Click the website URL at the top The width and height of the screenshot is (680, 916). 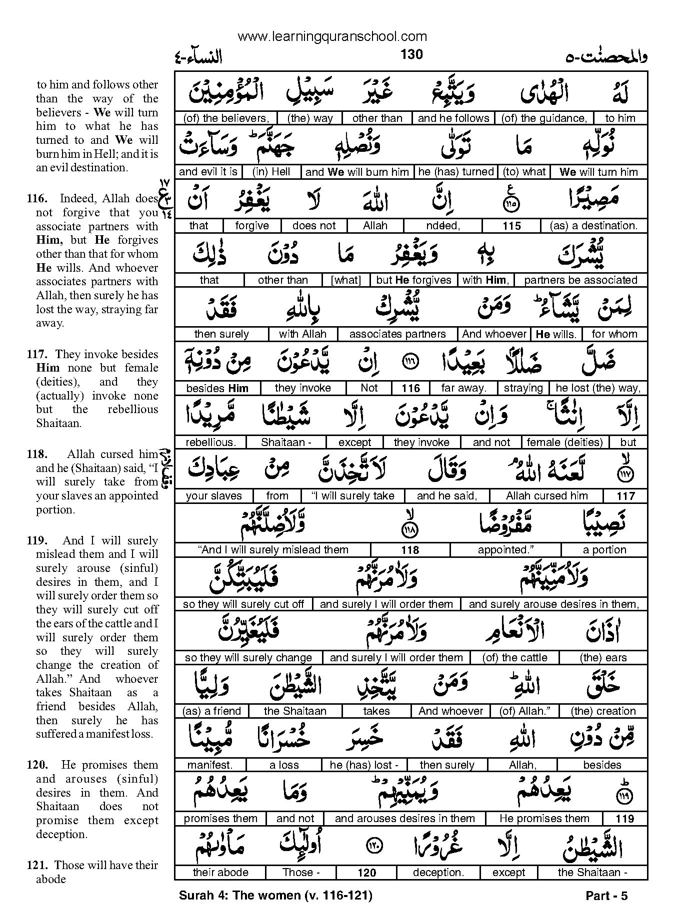point(332,36)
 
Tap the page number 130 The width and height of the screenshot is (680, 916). point(411,54)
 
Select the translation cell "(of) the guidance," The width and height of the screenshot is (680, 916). point(544,118)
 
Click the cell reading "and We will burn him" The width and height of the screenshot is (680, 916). point(357,172)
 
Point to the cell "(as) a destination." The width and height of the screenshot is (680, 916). point(593,226)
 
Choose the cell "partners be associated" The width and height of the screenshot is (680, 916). point(580,280)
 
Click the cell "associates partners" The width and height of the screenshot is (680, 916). point(397,334)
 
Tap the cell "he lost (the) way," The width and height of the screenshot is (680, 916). point(598,388)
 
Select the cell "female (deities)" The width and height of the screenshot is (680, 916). point(564,442)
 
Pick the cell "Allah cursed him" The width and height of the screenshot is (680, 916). point(547,496)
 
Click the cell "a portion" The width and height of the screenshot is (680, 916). point(604,550)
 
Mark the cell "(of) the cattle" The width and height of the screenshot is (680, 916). point(514,658)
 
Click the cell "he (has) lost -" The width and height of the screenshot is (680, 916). point(363,765)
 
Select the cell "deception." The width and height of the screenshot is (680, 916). point(438,873)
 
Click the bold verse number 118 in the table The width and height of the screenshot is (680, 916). point(410,550)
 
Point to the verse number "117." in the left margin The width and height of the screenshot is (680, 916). point(38,355)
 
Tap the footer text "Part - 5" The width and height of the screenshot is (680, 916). point(606,896)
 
